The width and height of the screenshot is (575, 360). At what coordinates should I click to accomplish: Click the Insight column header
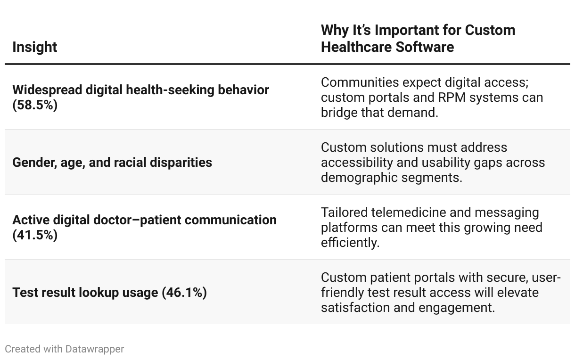(35, 47)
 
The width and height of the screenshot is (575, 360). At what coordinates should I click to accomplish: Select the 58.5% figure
(35, 105)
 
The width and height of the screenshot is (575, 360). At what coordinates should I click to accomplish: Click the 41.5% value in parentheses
(35, 235)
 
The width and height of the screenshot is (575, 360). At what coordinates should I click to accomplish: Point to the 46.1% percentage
(184, 293)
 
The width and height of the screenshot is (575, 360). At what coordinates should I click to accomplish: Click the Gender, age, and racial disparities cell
(112, 163)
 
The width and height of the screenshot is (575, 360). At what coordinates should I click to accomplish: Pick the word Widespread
(47, 90)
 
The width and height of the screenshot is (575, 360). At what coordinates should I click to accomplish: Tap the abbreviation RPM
(452, 98)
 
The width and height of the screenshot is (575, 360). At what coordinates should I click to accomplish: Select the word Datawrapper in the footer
(94, 349)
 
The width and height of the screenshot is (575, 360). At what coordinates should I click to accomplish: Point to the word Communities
(360, 82)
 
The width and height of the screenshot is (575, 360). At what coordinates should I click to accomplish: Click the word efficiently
(350, 243)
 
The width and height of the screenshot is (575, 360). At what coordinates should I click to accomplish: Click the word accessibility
(357, 163)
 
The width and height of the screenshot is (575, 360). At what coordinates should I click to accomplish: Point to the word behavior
(243, 90)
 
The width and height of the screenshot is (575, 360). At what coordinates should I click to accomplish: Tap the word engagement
(457, 308)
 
